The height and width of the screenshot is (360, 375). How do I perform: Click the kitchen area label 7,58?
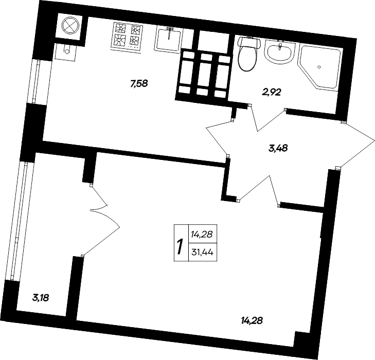click(x=139, y=84)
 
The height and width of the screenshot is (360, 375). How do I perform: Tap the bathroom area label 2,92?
click(x=272, y=92)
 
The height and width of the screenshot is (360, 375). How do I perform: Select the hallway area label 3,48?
click(x=278, y=149)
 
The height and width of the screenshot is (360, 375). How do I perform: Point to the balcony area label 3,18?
click(x=41, y=298)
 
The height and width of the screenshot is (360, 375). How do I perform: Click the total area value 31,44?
click(x=203, y=253)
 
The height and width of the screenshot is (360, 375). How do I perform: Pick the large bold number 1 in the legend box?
click(x=181, y=247)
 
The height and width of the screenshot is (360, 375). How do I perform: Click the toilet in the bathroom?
click(x=248, y=53)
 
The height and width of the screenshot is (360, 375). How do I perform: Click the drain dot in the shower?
click(x=319, y=67)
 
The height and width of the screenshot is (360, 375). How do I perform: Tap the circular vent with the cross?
click(x=70, y=26)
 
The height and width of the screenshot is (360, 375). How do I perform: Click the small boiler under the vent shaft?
click(x=65, y=51)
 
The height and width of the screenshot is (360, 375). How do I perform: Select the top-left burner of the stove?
click(x=120, y=28)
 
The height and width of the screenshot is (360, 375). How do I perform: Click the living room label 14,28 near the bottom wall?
click(x=252, y=321)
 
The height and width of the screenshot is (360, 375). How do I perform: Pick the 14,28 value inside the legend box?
click(x=202, y=235)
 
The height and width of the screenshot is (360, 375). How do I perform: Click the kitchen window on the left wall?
click(x=35, y=81)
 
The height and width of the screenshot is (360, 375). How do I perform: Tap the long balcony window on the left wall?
click(x=20, y=221)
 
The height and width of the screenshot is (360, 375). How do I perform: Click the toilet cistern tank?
click(x=249, y=43)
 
